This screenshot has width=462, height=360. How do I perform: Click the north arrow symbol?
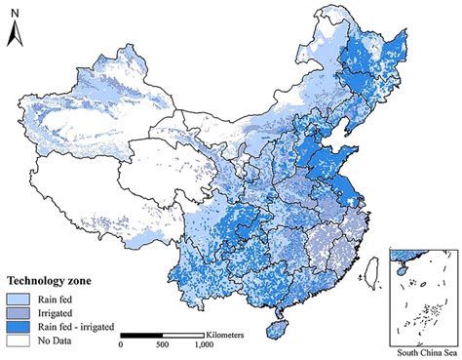click(x=13, y=37)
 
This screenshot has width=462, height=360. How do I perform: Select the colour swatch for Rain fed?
click(x=19, y=298)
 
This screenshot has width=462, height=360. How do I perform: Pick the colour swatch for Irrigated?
click(x=19, y=313)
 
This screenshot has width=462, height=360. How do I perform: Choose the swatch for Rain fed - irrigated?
click(x=19, y=328)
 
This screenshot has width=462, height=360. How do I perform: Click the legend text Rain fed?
click(x=58, y=298)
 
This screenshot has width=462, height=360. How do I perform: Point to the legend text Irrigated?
click(x=58, y=313)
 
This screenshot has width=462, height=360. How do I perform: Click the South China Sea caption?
click(x=421, y=352)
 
